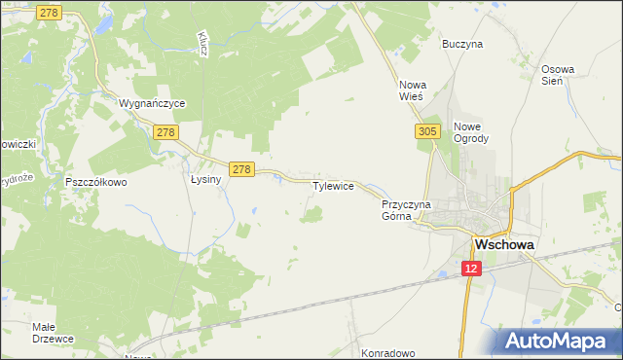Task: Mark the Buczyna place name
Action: (462, 44)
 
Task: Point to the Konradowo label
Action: (388, 353)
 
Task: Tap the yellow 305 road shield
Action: (425, 130)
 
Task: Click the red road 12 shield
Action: (471, 269)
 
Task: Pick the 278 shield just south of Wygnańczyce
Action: (165, 131)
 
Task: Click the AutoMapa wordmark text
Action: (568, 342)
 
